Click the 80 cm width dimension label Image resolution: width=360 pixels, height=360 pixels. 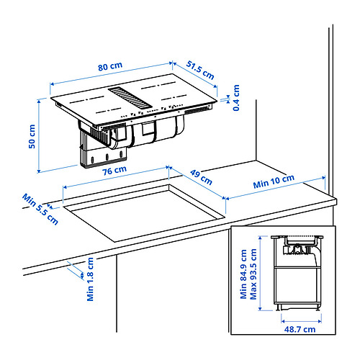[110, 66]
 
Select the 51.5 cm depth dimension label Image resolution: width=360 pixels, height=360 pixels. [200, 70]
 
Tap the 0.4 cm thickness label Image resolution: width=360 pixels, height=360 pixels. [236, 98]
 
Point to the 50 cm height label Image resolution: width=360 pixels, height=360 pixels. [32, 136]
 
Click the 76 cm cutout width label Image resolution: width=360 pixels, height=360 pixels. [114, 171]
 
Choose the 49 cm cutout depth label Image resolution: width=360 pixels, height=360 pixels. [201, 178]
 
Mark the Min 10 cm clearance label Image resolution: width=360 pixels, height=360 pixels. [274, 181]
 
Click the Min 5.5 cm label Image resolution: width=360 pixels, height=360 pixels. [40, 210]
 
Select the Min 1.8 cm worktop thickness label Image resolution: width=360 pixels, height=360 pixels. [90, 279]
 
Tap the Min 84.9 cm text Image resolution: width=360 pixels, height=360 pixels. [243, 274]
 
